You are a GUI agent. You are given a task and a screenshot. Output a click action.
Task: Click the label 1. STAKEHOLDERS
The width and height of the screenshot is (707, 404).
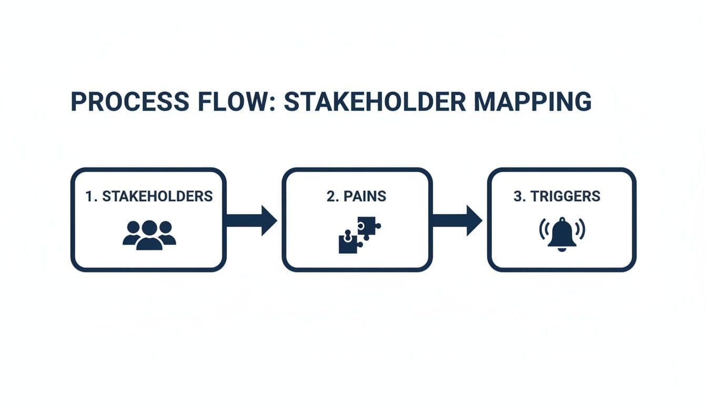coord(149,196)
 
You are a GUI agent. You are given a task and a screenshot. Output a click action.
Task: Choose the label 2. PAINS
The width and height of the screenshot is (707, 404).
coord(356,196)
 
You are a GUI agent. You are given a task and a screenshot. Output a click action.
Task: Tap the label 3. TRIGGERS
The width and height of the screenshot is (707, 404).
coord(557,196)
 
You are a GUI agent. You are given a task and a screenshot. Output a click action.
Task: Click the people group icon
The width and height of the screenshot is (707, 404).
coord(149,235)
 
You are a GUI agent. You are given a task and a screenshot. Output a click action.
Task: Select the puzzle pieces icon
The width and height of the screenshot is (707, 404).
coord(359,235)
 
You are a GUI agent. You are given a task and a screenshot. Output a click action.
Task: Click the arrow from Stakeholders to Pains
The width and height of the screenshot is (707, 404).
coord(251,220)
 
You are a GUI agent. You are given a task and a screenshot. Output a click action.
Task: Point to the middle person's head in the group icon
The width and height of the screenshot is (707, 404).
coord(149,228)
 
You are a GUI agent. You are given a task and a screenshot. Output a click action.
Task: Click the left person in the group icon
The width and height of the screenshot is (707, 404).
coord(133,233)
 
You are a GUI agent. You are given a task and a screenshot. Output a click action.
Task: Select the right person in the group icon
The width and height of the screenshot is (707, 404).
coord(166,233)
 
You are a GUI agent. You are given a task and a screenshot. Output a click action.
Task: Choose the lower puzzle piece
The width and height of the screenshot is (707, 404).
coord(348,245)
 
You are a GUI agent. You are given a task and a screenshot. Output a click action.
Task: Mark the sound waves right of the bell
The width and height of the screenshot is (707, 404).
coord(581,230)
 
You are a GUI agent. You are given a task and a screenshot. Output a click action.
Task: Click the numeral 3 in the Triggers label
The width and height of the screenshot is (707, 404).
coord(517,196)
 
